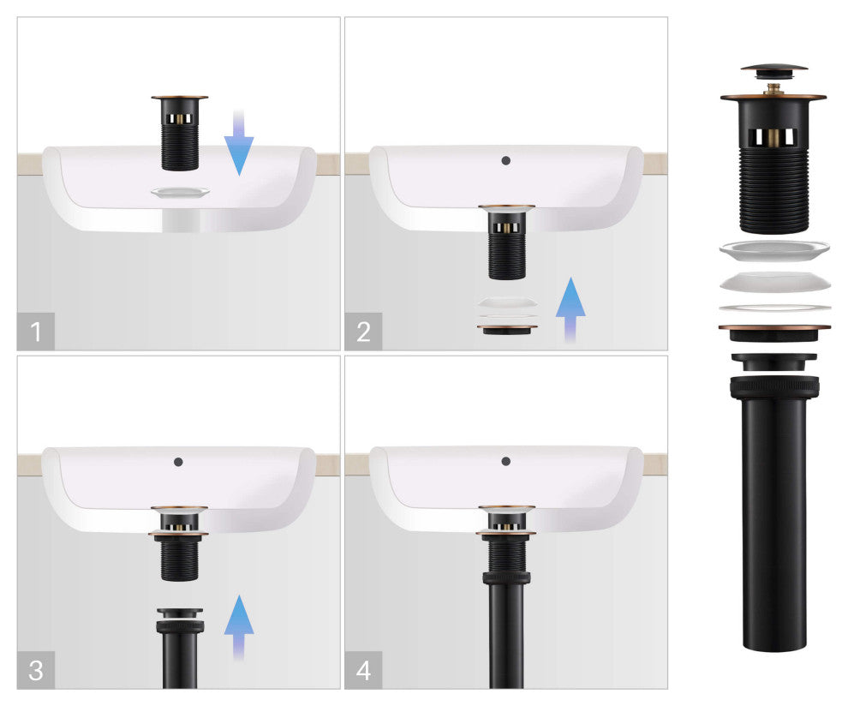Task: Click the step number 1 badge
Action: (x=36, y=331)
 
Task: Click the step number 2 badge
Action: (x=363, y=331)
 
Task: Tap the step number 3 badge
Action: (x=36, y=670)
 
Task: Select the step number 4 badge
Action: (x=363, y=670)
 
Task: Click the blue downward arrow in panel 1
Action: (x=239, y=142)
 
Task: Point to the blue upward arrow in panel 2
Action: (x=570, y=309)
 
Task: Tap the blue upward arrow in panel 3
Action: (x=239, y=627)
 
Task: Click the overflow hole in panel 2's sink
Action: (x=505, y=160)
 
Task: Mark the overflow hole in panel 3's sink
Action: (x=178, y=462)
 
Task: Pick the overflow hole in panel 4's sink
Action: (x=505, y=461)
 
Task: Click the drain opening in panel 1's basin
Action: (x=180, y=192)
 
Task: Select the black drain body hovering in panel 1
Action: (x=180, y=133)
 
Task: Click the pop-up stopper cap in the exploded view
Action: (x=774, y=71)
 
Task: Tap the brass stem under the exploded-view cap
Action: (x=773, y=88)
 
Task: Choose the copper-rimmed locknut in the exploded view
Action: (x=774, y=332)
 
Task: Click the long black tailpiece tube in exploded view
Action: (x=774, y=514)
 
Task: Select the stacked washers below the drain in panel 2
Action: (x=507, y=314)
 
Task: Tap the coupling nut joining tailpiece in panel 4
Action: (x=506, y=577)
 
